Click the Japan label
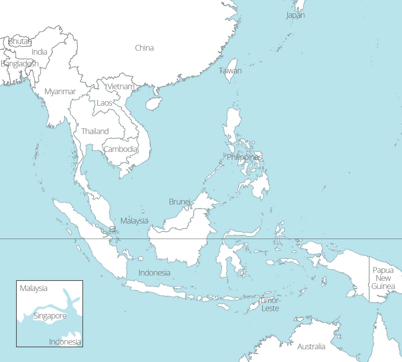(x=295, y=15)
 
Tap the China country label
(x=144, y=48)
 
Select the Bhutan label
(x=20, y=41)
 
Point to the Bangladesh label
(x=20, y=64)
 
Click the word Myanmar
(x=60, y=92)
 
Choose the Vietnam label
(x=121, y=86)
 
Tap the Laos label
(x=105, y=103)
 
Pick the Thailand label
(x=95, y=131)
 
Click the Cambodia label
(x=121, y=149)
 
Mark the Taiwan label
(x=230, y=71)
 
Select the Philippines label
(x=245, y=157)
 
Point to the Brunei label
(x=180, y=202)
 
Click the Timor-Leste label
(x=270, y=304)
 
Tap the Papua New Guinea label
(x=383, y=278)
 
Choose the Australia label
(x=311, y=347)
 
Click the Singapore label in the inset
(x=50, y=316)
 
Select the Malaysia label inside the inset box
(x=33, y=288)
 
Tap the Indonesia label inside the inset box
(x=65, y=342)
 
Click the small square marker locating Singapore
(x=113, y=229)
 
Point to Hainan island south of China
(x=154, y=104)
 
